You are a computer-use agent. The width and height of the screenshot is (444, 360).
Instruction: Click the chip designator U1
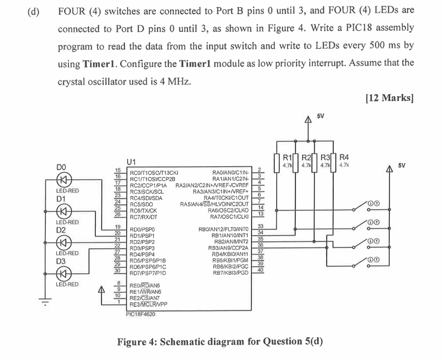131,161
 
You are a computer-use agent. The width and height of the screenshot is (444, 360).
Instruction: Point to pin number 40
260,270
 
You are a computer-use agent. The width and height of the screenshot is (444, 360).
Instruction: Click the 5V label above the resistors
321,116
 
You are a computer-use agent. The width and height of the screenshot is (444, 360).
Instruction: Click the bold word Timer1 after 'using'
99,64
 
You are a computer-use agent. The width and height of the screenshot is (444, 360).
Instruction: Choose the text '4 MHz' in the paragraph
174,81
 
